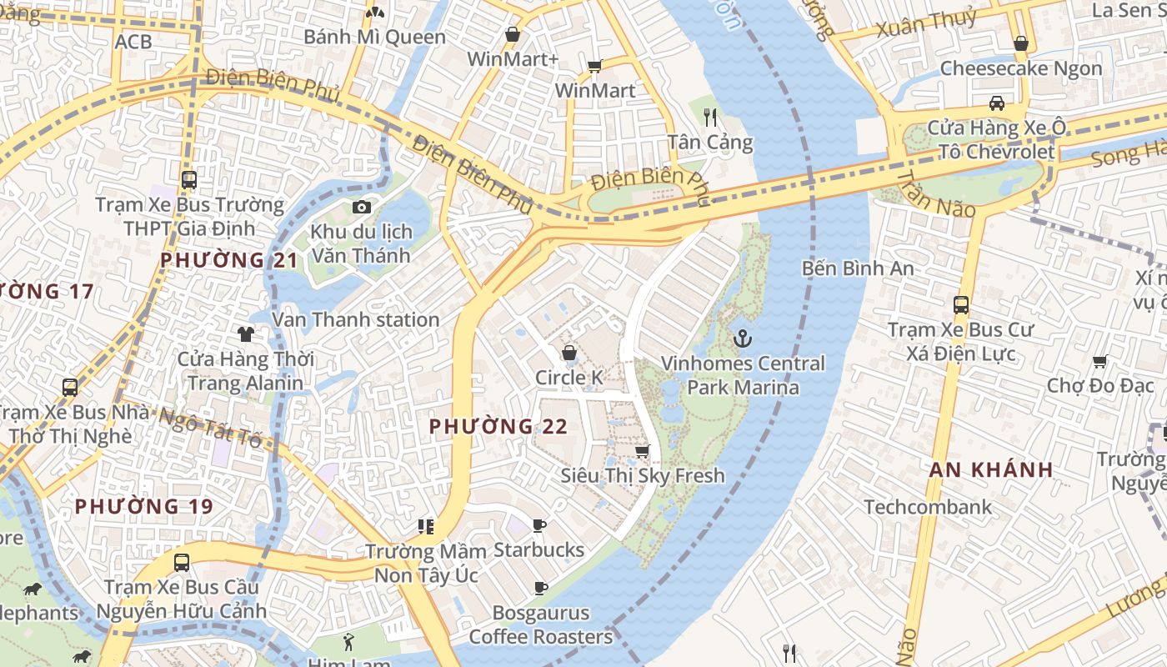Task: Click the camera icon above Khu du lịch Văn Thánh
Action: coord(362,207)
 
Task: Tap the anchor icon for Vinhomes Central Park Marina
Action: coord(741,339)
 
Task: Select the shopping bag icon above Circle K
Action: coord(569,353)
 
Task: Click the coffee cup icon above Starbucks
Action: coord(539,525)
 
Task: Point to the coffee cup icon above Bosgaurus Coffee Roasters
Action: coord(540,588)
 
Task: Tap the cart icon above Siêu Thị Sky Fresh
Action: coord(642,451)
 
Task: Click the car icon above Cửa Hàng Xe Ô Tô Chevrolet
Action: coord(996,103)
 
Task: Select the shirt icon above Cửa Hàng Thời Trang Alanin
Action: coord(245,334)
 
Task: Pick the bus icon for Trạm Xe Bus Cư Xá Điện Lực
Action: coord(961,305)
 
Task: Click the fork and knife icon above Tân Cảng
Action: coord(710,118)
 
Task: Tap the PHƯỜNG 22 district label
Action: coord(498,427)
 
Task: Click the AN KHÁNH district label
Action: coord(991,469)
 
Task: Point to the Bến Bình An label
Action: coord(858,268)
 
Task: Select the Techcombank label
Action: coord(928,507)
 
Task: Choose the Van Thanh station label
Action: coord(356,319)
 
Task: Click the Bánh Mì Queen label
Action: coord(374,37)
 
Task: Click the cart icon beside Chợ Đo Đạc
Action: coord(1099,362)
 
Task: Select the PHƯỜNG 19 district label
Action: coord(144,506)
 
